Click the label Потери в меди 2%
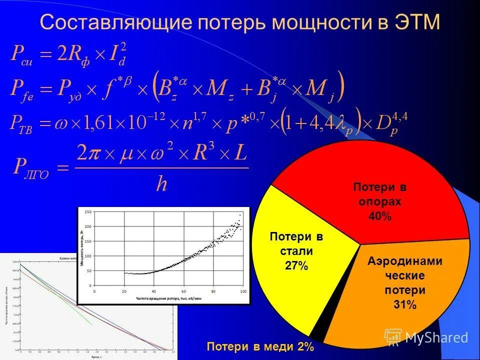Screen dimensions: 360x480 click(x=260, y=346)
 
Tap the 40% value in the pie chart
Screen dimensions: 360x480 click(x=380, y=216)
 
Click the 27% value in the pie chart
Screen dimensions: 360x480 click(x=296, y=265)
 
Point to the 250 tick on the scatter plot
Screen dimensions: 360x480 click(x=88, y=213)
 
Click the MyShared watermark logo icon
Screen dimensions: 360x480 click(x=393, y=337)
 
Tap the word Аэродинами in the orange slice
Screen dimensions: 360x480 click(x=405, y=261)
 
